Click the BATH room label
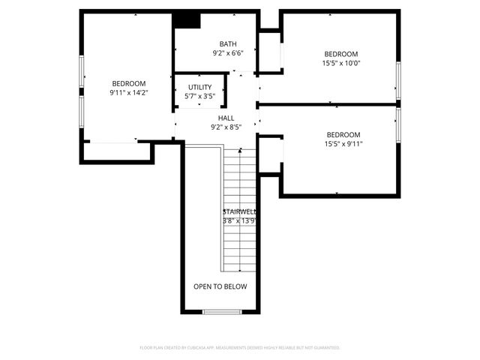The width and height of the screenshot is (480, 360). [228, 43]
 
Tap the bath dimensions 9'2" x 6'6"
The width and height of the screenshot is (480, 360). [228, 53]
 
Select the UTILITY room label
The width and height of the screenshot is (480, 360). [199, 88]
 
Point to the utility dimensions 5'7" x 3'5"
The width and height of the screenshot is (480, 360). [199, 97]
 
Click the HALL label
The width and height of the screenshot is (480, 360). [226, 118]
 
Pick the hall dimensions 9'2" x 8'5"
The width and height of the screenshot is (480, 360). [226, 127]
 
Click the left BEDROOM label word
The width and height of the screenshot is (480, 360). [129, 83]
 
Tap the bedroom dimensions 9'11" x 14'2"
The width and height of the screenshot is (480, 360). [129, 93]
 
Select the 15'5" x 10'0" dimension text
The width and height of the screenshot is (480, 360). [342, 63]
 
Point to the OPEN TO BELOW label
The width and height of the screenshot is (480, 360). [220, 286]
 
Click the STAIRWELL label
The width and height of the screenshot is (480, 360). [240, 212]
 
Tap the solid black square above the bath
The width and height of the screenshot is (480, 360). [187, 20]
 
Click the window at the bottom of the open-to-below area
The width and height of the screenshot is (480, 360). [221, 311]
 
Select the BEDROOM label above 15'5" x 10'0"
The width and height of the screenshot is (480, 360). [342, 54]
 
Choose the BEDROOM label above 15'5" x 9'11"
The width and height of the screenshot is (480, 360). [342, 135]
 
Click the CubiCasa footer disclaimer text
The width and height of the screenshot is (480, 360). [240, 348]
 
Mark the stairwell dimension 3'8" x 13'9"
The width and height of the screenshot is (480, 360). [240, 221]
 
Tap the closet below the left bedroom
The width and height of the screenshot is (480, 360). [118, 151]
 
